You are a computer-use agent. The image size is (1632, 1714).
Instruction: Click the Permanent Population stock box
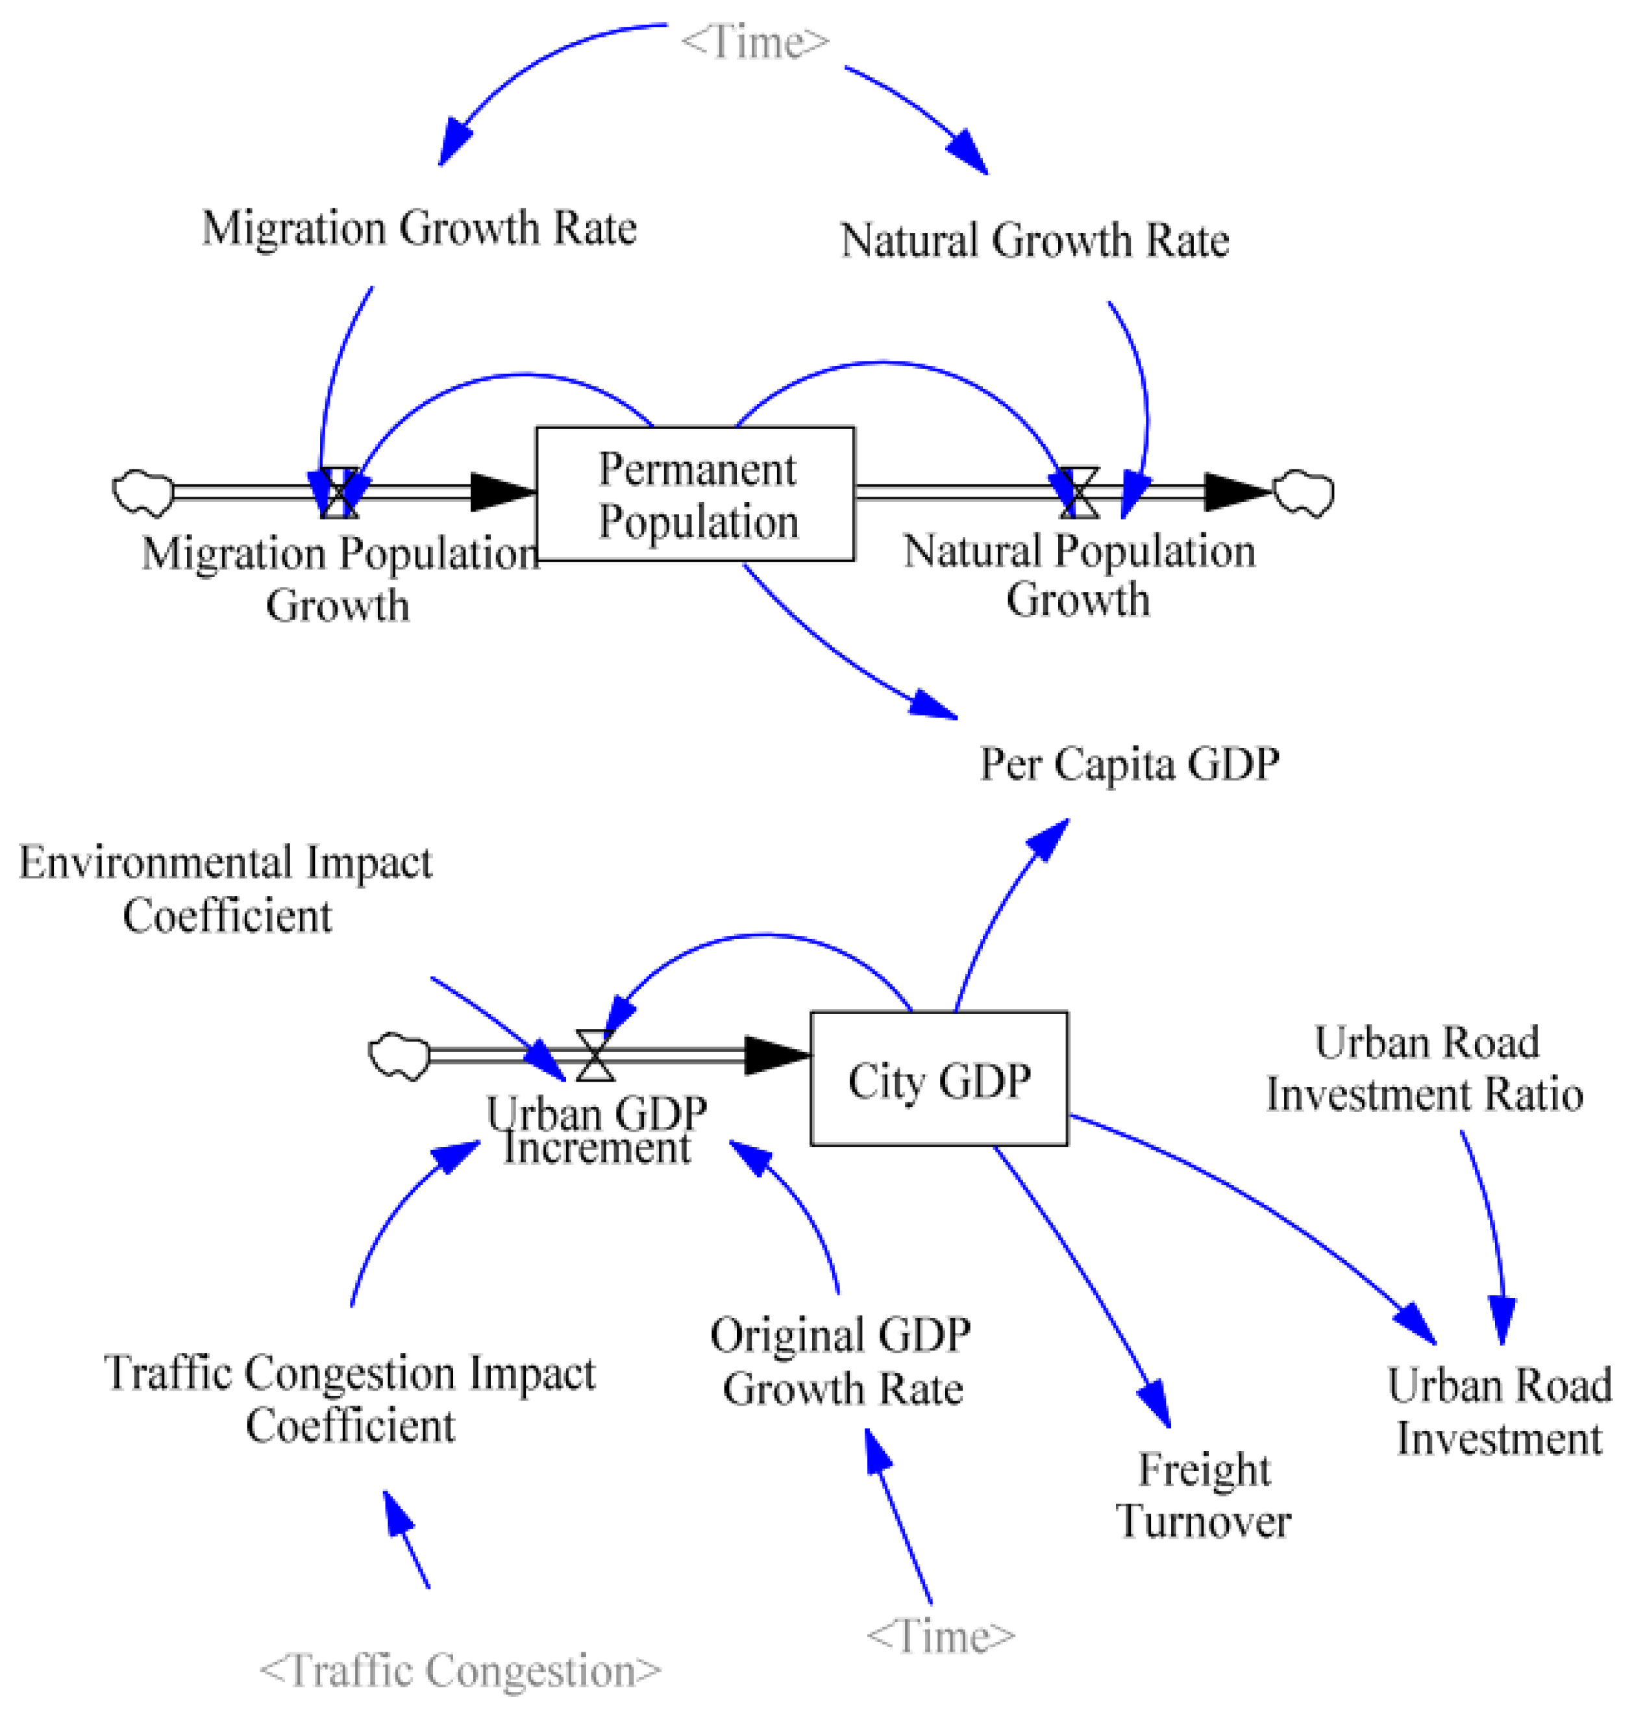click(695, 493)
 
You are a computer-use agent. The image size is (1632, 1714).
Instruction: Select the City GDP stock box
click(939, 1079)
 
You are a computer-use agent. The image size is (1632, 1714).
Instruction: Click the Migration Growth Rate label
click(419, 228)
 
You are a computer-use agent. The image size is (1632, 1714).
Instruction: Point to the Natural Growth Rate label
click(1034, 240)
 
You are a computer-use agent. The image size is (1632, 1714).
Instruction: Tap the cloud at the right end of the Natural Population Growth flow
click(1303, 492)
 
